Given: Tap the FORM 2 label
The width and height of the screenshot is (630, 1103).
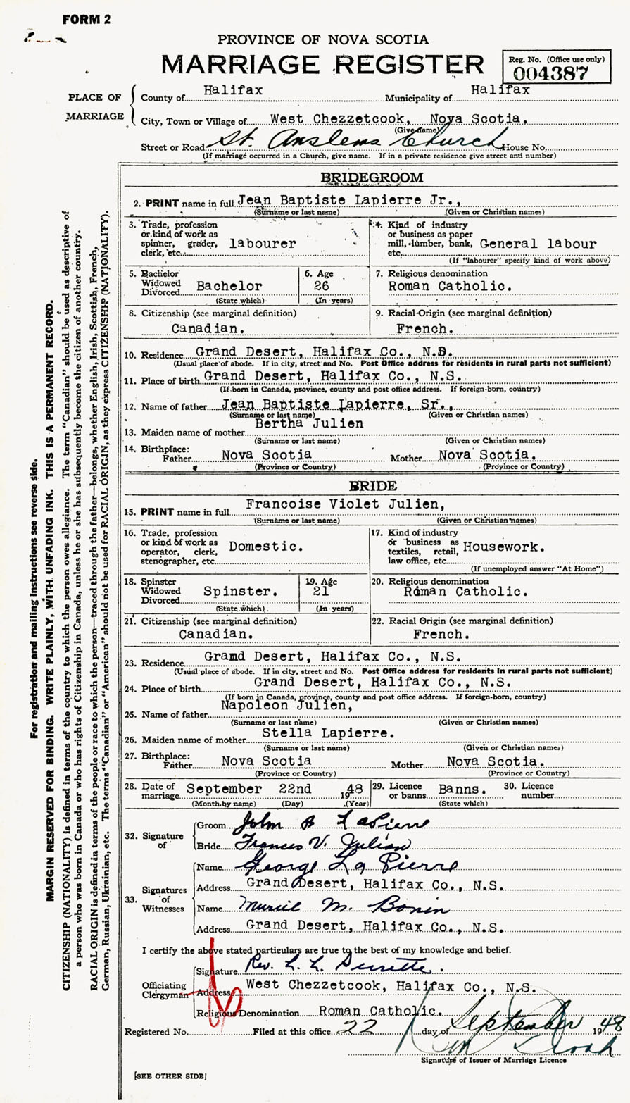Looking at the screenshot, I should (x=86, y=20).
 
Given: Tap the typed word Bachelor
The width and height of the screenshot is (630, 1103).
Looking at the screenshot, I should (x=229, y=287).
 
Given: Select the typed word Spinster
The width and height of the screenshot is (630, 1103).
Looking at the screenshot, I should (x=236, y=592).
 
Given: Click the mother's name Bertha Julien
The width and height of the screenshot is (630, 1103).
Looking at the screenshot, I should (x=319, y=423).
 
